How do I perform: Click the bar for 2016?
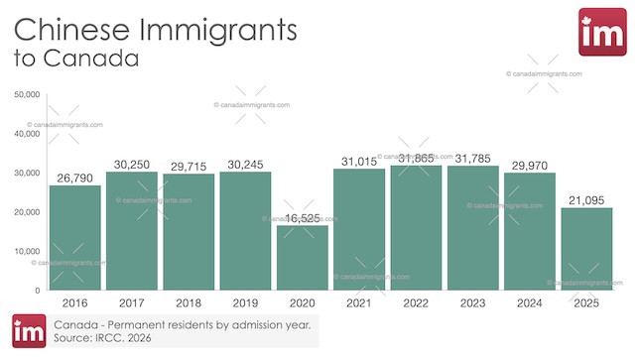(x=75, y=237)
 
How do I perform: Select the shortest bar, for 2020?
(x=302, y=257)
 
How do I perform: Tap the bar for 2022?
(x=416, y=227)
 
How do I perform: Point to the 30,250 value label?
(x=132, y=164)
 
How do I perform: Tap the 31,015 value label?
(x=359, y=161)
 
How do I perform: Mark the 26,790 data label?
(x=75, y=178)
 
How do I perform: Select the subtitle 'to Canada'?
(x=75, y=60)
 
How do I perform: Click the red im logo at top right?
(x=601, y=32)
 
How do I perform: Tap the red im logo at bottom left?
(x=29, y=331)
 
